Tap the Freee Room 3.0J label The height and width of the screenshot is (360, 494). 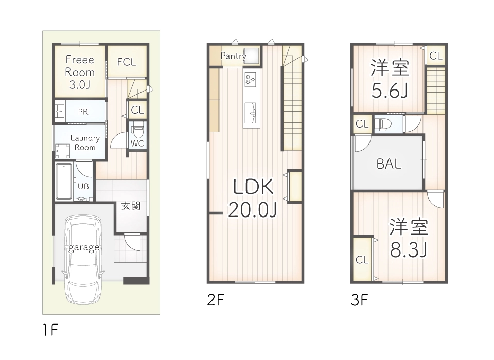[80, 72]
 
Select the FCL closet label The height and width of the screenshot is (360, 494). [126, 62]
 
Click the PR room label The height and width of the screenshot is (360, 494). [83, 111]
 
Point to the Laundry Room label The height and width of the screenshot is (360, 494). [85, 142]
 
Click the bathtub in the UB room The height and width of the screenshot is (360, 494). [64, 181]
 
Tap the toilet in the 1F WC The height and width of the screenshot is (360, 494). [138, 130]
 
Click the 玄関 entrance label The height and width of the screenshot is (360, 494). [131, 206]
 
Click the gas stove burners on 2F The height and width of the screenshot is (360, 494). [251, 79]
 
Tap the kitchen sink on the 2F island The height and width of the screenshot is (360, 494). [252, 112]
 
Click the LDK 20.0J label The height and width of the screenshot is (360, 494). [253, 198]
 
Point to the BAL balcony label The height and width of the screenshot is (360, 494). [389, 164]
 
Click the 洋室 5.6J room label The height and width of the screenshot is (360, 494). [390, 79]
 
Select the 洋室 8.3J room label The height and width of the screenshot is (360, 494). [408, 238]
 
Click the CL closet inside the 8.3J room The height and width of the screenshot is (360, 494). [362, 260]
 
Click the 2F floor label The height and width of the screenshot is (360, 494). [216, 300]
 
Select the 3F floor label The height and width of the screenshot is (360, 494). [360, 300]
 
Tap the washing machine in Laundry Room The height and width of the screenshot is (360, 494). [64, 150]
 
